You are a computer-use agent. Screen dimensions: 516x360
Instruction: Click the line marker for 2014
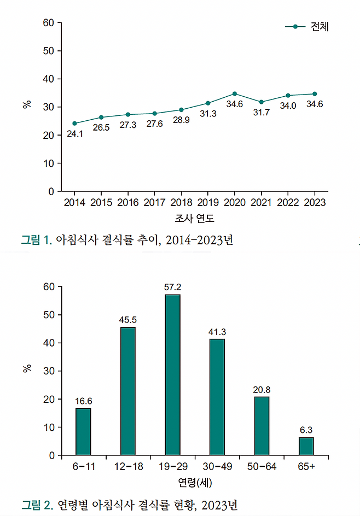point(74,124)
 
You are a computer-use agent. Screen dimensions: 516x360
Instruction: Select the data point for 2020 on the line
point(235,93)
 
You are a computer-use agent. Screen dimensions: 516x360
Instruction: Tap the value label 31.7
point(260,112)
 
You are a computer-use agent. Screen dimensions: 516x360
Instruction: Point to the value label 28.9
point(181,120)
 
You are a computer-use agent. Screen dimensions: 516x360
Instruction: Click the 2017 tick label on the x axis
point(154,203)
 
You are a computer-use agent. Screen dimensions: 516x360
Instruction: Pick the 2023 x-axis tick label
point(314,203)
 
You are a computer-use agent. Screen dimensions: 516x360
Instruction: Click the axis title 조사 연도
point(194,219)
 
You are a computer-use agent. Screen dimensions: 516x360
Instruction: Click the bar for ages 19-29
point(172,374)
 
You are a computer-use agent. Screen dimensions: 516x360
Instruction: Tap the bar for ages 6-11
point(83,431)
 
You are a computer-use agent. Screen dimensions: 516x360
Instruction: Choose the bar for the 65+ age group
point(306,446)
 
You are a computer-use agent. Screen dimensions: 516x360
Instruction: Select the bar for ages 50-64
point(262,426)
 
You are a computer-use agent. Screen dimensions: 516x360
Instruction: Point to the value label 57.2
point(172,286)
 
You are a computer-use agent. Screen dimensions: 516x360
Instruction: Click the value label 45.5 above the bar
point(128,319)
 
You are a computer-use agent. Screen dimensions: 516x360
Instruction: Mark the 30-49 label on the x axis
point(217,467)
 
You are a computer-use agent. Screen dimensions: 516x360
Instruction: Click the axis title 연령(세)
point(195,483)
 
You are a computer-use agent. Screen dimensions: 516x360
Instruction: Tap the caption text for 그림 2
point(129,504)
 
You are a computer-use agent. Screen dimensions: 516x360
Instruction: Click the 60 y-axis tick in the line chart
point(49,23)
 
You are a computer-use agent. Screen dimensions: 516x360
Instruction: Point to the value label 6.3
point(306,430)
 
